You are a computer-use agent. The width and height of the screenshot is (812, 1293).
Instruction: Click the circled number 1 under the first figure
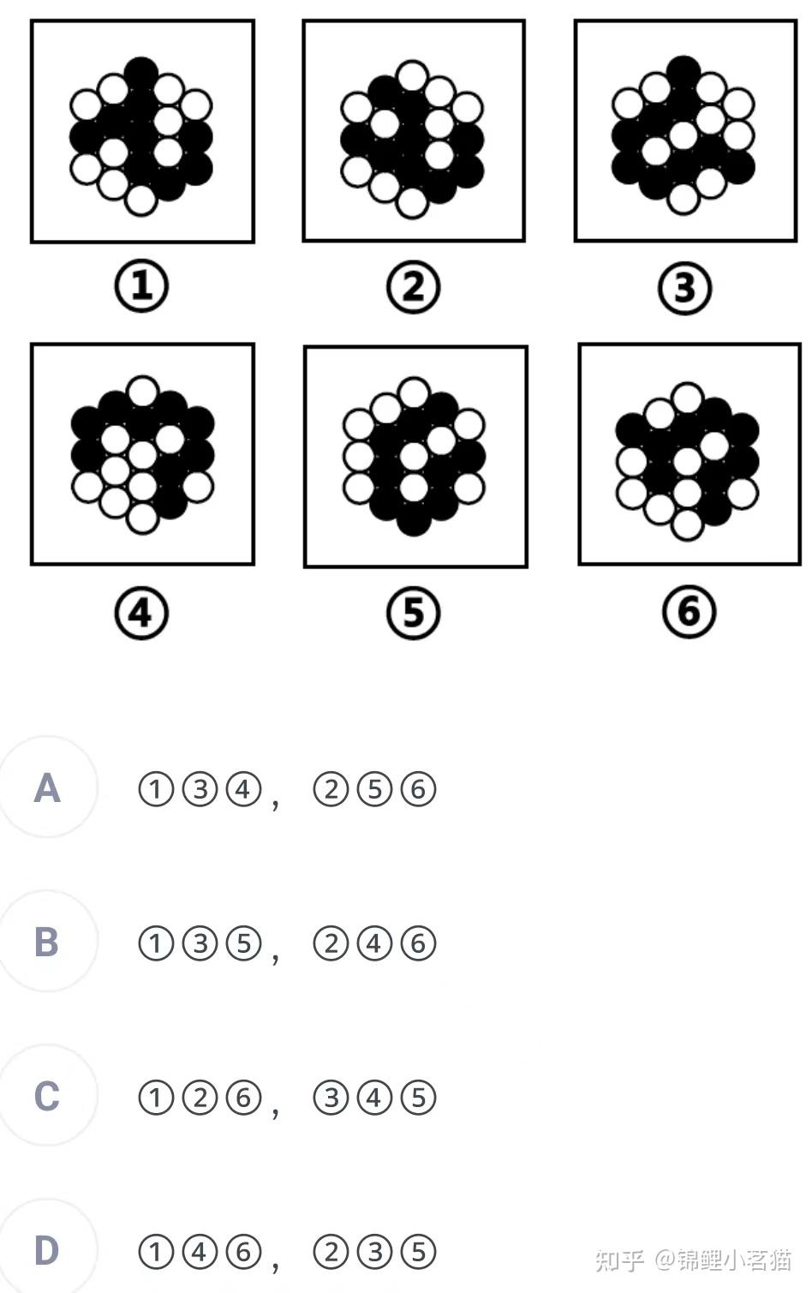point(141,285)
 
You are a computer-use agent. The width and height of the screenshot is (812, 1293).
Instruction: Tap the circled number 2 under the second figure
point(413,286)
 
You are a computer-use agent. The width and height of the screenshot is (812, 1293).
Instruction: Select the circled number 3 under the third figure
point(685,287)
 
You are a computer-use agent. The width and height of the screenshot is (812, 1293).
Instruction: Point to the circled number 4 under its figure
point(141,613)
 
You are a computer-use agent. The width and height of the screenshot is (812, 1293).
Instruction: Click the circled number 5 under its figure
point(413,613)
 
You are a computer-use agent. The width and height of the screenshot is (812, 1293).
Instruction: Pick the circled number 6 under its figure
point(689,612)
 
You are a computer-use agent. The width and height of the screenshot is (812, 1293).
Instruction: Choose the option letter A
point(47,788)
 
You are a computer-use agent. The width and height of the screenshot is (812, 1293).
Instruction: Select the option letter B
point(47,942)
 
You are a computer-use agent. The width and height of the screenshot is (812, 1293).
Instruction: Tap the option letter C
point(47,1096)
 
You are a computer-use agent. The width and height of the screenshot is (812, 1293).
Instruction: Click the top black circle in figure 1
point(141,73)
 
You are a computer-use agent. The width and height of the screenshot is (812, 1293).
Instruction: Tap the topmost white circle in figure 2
point(412,76)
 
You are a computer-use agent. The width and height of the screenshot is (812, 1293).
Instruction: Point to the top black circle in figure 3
point(684,72)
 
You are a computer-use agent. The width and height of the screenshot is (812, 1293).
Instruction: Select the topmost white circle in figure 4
point(142,392)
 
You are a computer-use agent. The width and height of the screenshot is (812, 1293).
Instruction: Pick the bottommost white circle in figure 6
point(687,524)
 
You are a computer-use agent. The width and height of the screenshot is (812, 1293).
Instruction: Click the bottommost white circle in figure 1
point(140,201)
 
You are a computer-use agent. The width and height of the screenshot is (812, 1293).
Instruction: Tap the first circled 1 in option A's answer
point(156,790)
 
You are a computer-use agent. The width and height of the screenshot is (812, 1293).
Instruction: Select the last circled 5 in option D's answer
point(418,1251)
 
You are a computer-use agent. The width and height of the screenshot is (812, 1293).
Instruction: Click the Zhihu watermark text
point(693,1260)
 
